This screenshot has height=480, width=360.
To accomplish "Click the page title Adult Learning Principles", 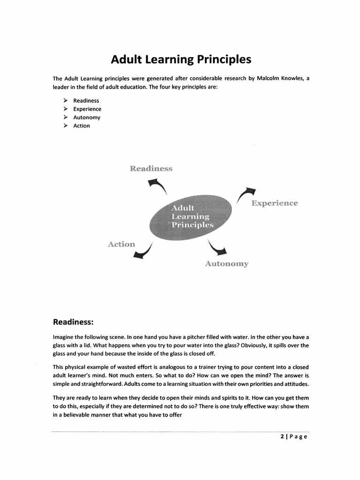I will (x=181, y=60).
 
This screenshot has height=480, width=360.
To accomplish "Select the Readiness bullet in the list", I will (x=86, y=101).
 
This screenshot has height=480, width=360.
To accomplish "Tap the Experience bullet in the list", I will (x=87, y=109).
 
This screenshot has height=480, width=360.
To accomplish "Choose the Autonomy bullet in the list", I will (x=87, y=118).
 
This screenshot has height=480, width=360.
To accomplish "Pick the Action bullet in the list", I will (x=82, y=126).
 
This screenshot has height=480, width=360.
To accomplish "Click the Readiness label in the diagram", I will (x=151, y=169).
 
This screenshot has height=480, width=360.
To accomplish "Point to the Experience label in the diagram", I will (x=274, y=203).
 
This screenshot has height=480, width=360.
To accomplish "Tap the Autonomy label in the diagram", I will (x=226, y=264).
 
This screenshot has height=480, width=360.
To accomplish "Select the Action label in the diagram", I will (x=121, y=244).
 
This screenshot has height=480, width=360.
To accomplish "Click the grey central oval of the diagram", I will (x=191, y=217).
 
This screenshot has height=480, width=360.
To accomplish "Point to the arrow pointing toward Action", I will (x=143, y=251).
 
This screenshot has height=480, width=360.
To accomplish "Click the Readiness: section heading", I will (x=73, y=322).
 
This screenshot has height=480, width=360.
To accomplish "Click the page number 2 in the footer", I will (x=283, y=437).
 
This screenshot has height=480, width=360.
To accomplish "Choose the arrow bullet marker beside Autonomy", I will (x=66, y=118).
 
